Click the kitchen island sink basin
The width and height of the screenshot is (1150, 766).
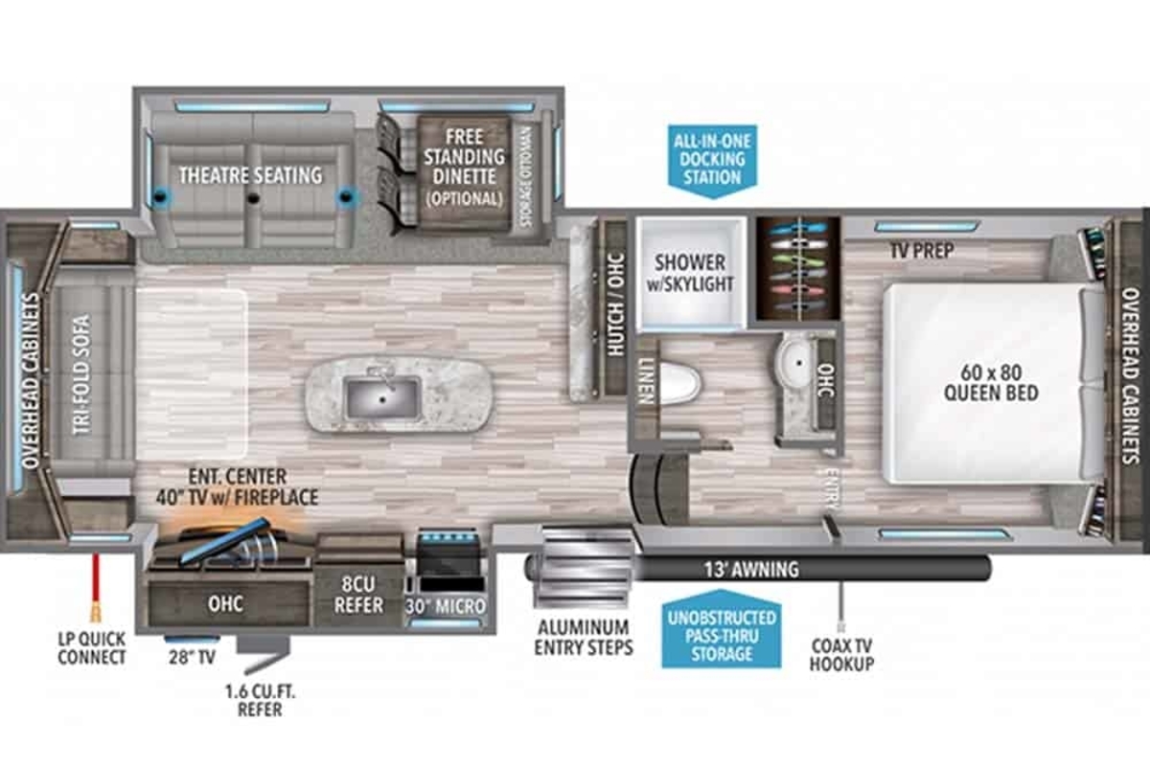pyautogui.click(x=382, y=397)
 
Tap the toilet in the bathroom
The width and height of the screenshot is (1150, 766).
pyautogui.click(x=679, y=383)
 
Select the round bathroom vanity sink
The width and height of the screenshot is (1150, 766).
pyautogui.click(x=795, y=362)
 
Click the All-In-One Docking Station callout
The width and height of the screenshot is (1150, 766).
pyautogui.click(x=712, y=161)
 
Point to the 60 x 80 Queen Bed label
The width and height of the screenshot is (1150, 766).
pyautogui.click(x=991, y=383)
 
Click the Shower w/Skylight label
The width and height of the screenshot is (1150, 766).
pyautogui.click(x=690, y=273)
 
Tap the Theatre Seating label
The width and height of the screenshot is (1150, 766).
pyautogui.click(x=250, y=175)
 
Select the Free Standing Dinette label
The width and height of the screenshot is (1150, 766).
pyautogui.click(x=464, y=156)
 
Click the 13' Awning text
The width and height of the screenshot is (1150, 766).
pyautogui.click(x=751, y=569)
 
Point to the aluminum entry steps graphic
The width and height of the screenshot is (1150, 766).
pyautogui.click(x=583, y=568)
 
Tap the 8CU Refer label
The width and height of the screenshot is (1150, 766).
pyautogui.click(x=358, y=595)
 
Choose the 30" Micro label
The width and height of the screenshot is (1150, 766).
pyautogui.click(x=445, y=606)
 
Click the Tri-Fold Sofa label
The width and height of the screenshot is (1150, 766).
pyautogui.click(x=82, y=374)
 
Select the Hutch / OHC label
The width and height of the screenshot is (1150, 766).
pyautogui.click(x=615, y=304)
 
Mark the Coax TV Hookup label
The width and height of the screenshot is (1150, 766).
pyautogui.click(x=841, y=655)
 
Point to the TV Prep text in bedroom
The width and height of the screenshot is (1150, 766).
pyautogui.click(x=922, y=250)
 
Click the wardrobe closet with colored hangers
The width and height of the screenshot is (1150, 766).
pyautogui.click(x=797, y=268)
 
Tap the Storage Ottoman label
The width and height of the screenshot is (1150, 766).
pyautogui.click(x=526, y=177)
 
